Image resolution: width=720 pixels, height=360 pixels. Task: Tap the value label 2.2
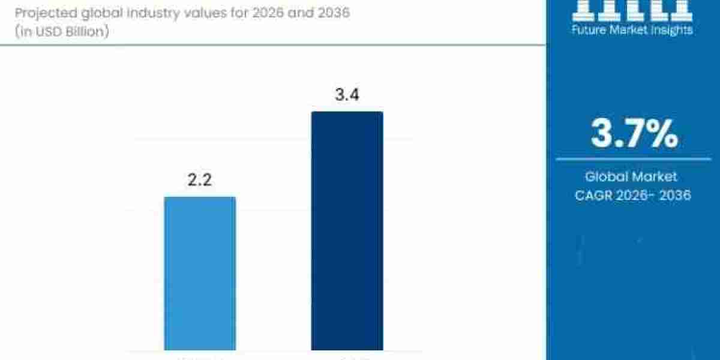click(200, 179)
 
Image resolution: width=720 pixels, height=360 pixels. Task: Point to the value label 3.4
click(347, 95)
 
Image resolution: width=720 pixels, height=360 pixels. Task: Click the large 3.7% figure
click(634, 134)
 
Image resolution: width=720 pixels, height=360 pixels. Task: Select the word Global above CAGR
click(606, 177)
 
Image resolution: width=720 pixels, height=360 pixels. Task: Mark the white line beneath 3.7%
click(633, 159)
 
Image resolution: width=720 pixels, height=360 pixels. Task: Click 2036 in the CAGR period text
click(673, 195)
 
